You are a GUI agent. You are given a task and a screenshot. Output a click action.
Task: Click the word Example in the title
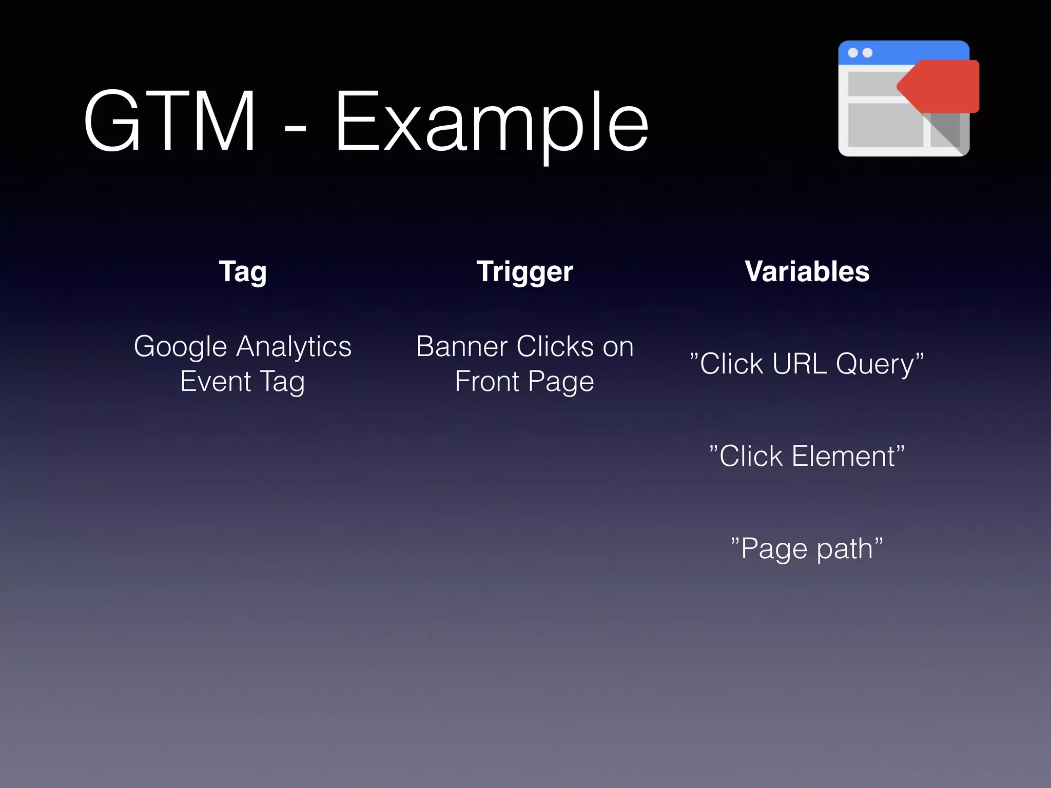(492, 123)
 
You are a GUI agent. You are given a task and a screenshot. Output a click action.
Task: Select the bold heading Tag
(243, 272)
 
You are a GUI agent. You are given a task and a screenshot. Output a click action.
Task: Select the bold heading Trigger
(524, 272)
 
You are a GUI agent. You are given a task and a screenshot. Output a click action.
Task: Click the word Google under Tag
(180, 347)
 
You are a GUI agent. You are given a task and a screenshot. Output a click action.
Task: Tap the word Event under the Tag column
(216, 382)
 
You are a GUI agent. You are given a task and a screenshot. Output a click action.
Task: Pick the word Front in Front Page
(487, 382)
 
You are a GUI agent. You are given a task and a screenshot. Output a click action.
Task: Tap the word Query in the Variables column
(874, 365)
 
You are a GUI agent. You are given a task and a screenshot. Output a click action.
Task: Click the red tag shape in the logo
(944, 86)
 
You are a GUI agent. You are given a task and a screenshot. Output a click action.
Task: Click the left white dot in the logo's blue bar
(853, 53)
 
